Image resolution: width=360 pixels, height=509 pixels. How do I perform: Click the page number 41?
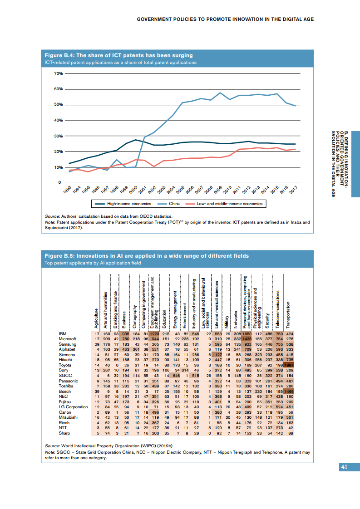(x=344, y=467)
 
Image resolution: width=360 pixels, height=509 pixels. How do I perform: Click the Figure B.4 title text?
(x=118, y=55)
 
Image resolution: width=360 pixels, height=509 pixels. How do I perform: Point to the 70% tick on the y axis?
(x=58, y=73)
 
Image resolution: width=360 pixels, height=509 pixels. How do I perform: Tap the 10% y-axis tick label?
(x=58, y=167)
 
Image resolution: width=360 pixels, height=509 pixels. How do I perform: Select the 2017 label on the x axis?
(x=293, y=190)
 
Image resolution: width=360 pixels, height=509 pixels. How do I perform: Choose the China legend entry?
(x=174, y=204)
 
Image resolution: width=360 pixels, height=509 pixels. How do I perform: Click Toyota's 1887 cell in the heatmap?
(x=288, y=365)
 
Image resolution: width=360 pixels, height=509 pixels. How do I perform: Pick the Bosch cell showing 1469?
(x=288, y=391)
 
